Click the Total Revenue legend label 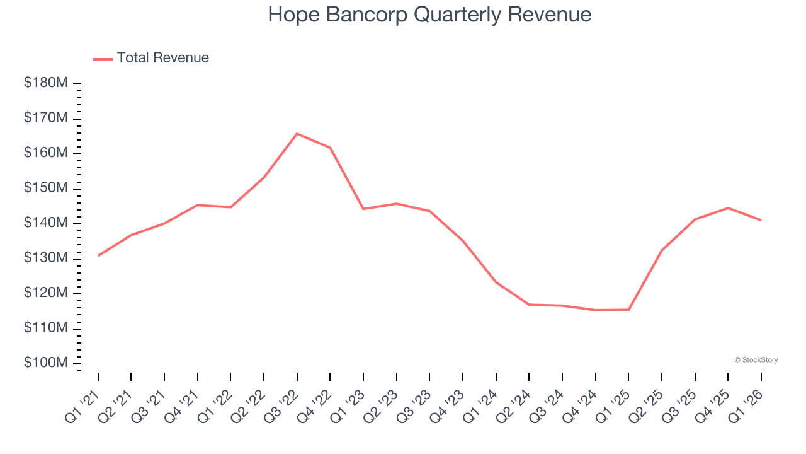[x=162, y=58]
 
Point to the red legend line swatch [x=103, y=59]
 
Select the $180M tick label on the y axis [x=46, y=83]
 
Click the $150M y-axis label [x=46, y=189]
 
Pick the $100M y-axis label [x=46, y=364]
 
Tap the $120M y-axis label [x=46, y=294]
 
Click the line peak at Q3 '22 [x=297, y=134]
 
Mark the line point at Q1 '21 [x=98, y=255]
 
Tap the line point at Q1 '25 [x=628, y=310]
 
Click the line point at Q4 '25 [x=728, y=208]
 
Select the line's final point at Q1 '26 [x=761, y=220]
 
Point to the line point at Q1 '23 [x=363, y=209]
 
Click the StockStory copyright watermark [x=756, y=360]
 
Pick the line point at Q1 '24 [x=496, y=282]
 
